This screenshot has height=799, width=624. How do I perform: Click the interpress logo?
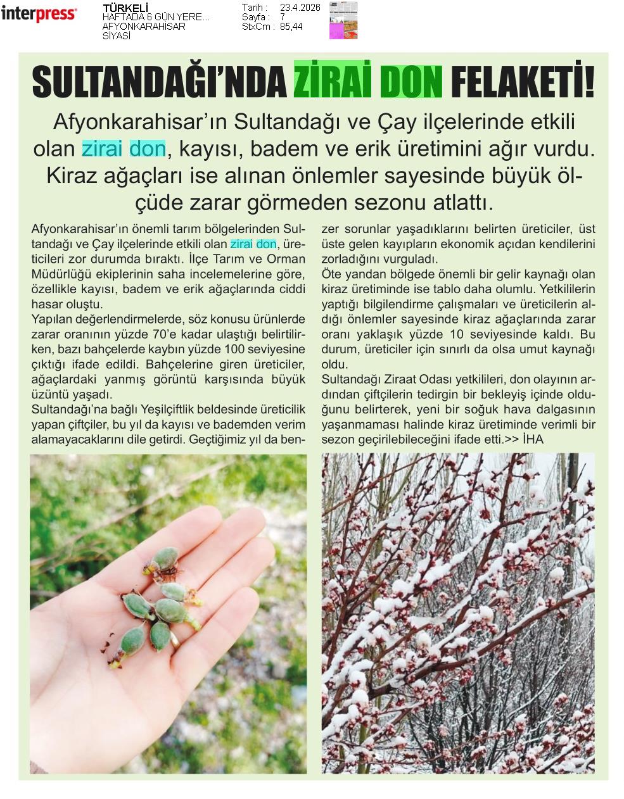[x=39, y=13]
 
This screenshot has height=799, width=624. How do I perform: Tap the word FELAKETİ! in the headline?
[x=523, y=82]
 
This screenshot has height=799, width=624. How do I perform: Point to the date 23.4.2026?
[x=300, y=8]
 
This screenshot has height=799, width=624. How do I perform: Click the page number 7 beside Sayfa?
[x=283, y=17]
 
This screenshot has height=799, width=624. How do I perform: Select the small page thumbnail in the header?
[x=343, y=20]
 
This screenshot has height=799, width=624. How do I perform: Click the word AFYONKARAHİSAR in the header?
[x=144, y=27]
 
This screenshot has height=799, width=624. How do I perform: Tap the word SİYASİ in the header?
[x=117, y=36]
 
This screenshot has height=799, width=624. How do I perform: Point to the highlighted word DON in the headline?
[x=411, y=82]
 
